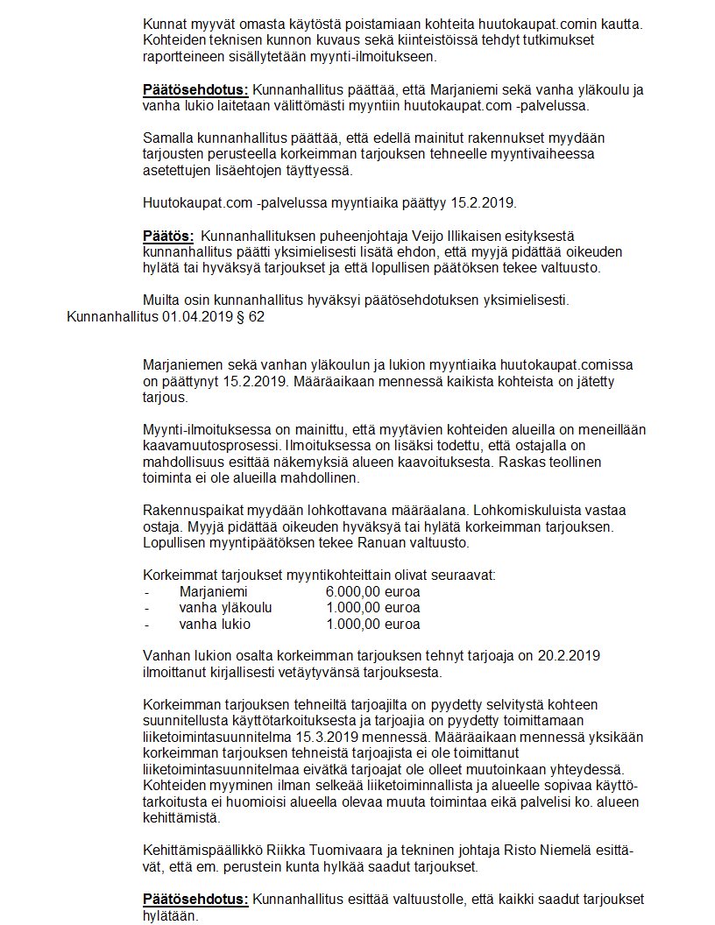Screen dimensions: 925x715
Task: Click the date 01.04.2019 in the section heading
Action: [196, 317]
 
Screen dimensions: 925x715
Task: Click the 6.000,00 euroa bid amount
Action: [372, 591]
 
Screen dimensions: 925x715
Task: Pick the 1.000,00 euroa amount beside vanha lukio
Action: [372, 625]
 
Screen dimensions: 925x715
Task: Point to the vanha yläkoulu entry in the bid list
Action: [225, 608]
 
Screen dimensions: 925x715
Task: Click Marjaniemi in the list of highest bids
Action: [213, 591]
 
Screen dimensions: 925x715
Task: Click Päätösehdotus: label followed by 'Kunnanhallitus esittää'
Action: [195, 900]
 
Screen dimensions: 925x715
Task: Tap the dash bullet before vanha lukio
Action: [145, 625]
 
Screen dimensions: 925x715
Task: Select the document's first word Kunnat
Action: [164, 24]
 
